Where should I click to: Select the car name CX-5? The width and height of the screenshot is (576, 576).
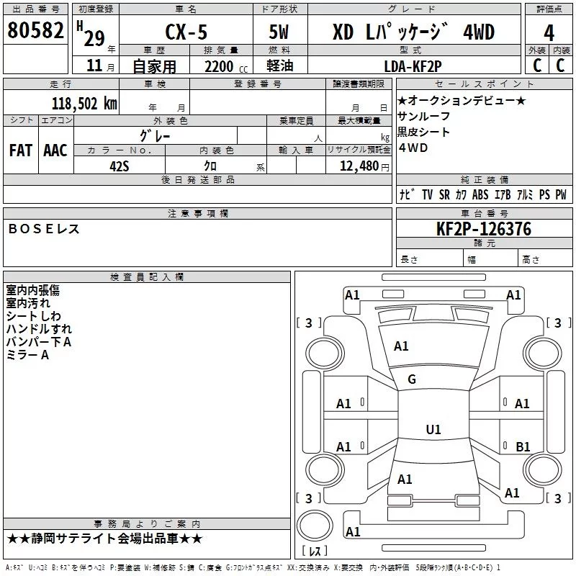pos(181,32)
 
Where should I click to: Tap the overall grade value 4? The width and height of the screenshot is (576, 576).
pos(549,32)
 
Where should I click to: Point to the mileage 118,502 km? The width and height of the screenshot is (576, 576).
pos(84,103)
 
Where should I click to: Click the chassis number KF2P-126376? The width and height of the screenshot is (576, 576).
pos(485,230)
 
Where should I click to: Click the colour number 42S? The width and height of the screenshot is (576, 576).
pos(120,165)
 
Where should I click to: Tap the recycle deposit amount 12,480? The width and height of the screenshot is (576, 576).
pos(357,166)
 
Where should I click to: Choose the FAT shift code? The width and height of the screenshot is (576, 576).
pos(20,150)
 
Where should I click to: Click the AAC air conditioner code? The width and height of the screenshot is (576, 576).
pos(55,150)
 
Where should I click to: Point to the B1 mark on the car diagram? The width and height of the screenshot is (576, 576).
pos(523,447)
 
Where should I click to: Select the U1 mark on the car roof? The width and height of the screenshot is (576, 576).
pos(433,430)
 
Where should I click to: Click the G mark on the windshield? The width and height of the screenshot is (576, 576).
pos(412,379)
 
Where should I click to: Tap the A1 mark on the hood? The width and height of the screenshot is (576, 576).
pos(401,346)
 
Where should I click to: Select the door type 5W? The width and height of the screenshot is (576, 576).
pos(279,32)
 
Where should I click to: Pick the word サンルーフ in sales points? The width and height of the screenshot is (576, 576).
pos(423,116)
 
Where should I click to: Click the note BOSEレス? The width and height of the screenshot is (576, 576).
pos(43,229)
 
